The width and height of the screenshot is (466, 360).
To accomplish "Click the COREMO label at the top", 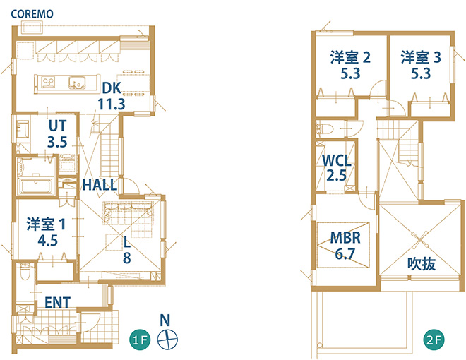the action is click(32, 14).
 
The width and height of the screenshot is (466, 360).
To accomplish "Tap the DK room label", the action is click(112, 88).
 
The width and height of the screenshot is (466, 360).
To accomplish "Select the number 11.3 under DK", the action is click(112, 104).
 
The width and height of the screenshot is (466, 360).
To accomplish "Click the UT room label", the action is click(58, 126).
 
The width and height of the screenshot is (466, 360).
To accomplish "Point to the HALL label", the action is click(100, 185).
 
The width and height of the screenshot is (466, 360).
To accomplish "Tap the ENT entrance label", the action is click(58, 303).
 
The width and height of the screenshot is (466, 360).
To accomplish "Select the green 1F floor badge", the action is click(140, 340).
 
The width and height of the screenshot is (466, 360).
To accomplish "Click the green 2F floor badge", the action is click(434, 340).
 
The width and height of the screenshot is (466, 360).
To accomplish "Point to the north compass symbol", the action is click(167, 340).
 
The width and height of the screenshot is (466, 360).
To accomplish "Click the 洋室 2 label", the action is click(350, 57).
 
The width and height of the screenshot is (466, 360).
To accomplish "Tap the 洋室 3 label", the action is click(421, 57).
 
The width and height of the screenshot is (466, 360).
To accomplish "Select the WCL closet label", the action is click(337, 161).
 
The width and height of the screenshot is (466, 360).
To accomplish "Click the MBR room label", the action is click(345, 238).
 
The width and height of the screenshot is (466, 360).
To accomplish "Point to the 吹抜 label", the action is click(422, 263).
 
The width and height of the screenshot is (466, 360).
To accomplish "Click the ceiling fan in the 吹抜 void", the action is click(420, 239).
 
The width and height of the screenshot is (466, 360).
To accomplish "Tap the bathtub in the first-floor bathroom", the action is click(36, 186).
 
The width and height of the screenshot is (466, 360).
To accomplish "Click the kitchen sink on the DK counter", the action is click(77, 82).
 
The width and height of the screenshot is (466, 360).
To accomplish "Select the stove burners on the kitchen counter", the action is click(48, 82).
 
